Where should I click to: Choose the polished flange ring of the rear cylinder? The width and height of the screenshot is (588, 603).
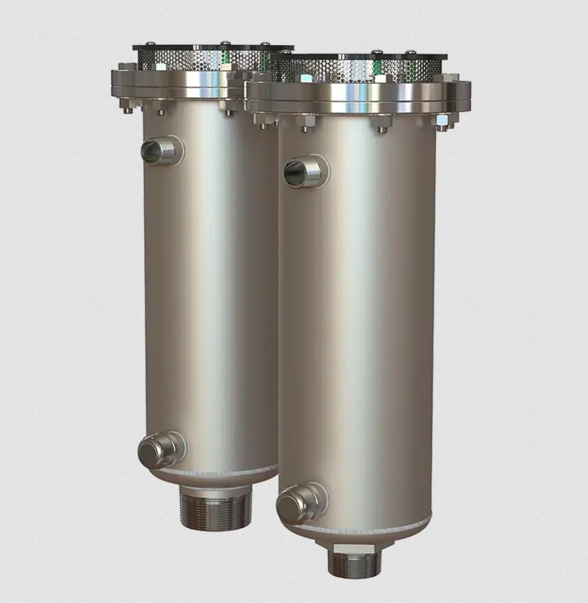(x=186, y=81)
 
